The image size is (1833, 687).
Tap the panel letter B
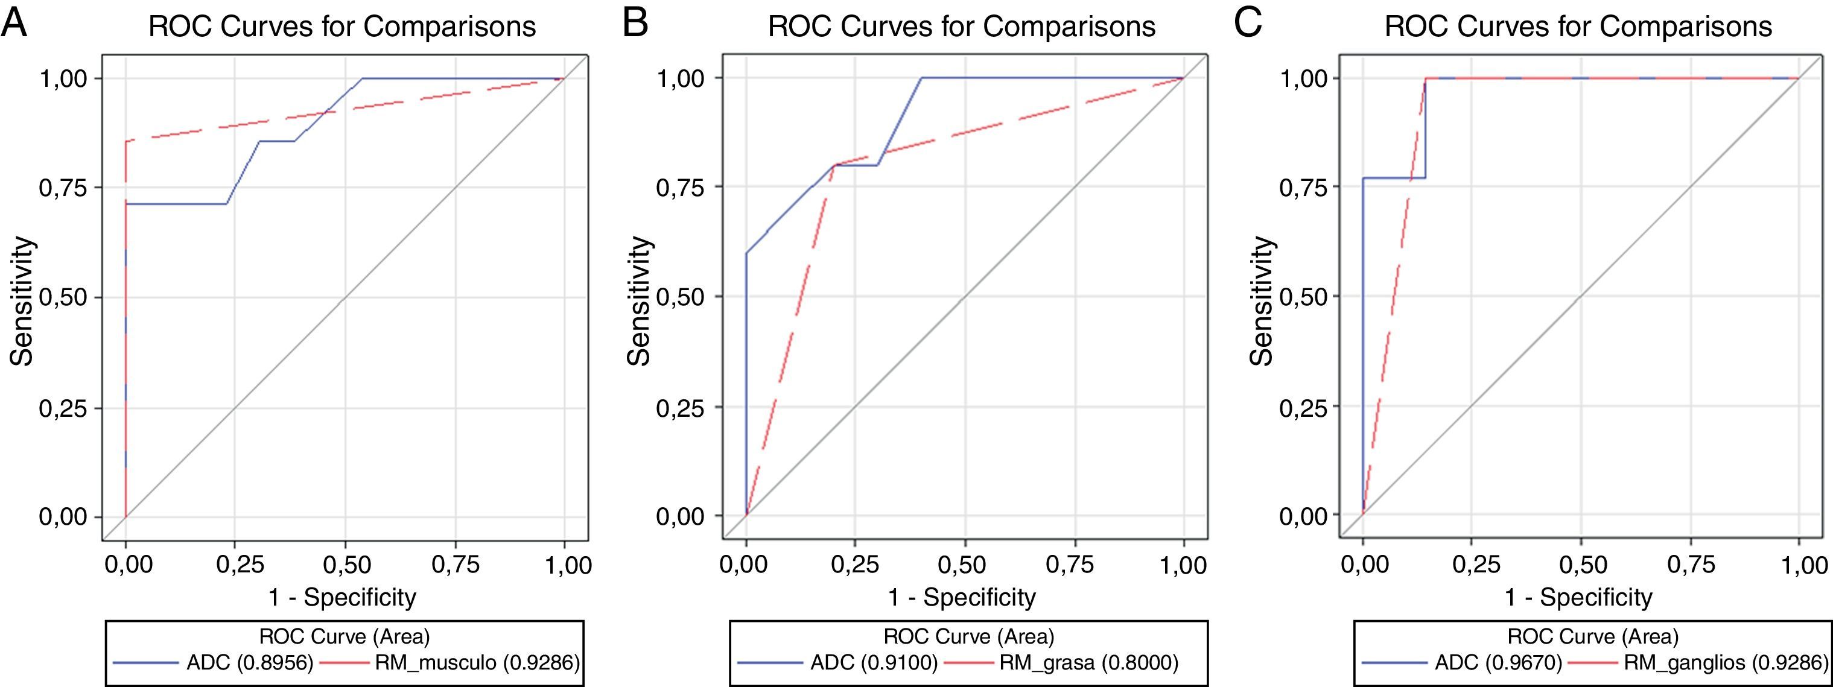coord(635,24)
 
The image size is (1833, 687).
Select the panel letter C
coord(1247,24)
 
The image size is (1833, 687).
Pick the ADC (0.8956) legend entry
coord(250,663)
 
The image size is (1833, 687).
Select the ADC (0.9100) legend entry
coord(874,663)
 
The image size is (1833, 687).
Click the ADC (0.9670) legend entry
coord(1498,663)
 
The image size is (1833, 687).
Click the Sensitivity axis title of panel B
coord(639,300)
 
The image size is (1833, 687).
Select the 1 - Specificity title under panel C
coord(1578,597)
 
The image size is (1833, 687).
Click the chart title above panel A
coord(342,27)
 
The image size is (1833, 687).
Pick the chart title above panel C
coord(1578,27)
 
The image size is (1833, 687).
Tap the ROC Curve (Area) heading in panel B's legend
coord(968,635)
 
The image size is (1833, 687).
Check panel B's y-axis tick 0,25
coord(679,408)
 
